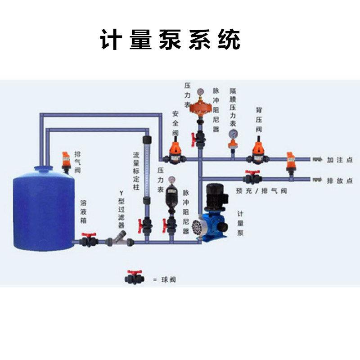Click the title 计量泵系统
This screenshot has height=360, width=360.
click(170, 40)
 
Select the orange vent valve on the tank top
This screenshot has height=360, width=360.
click(67, 161)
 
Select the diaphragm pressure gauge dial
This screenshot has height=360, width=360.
click(233, 134)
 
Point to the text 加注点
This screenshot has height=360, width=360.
click(340, 160)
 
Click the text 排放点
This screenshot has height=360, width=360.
click(340, 180)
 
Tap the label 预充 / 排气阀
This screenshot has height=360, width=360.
click(261, 191)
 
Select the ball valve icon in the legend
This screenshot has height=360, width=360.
click(134, 278)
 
